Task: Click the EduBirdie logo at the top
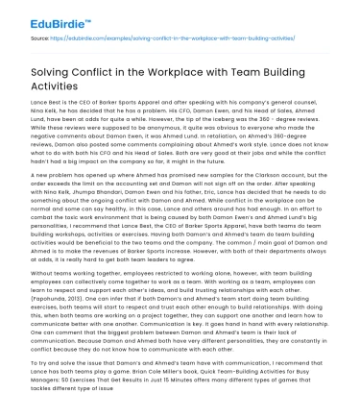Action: point(36,12)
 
